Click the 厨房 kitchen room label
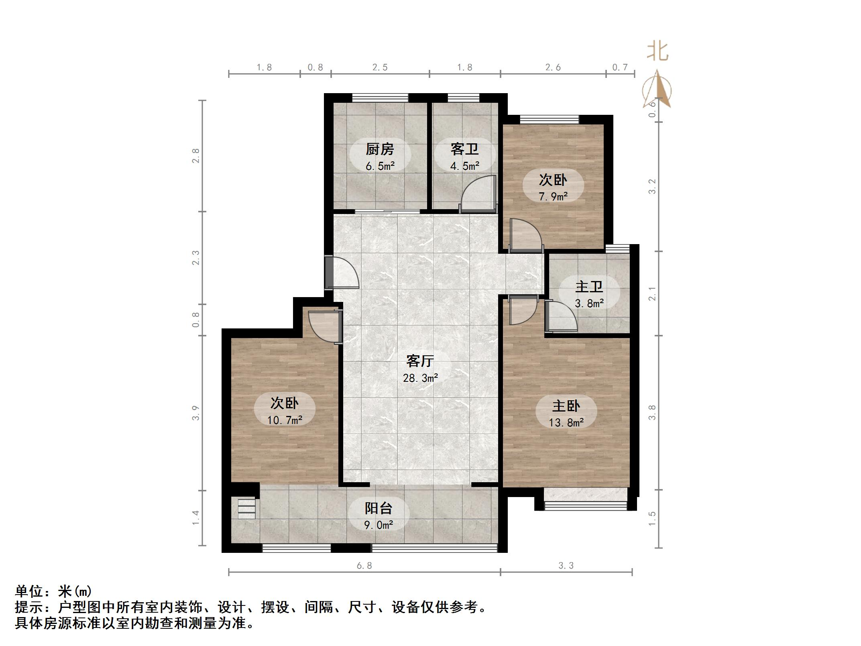[380, 149]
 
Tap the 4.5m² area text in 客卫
[465, 166]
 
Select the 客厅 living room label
[420, 361]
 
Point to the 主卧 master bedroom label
[566, 406]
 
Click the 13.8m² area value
[566, 423]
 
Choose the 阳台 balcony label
[379, 508]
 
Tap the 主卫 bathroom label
[589, 287]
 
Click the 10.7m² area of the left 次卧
[285, 420]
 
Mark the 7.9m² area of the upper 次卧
[553, 197]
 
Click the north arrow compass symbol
[657, 90]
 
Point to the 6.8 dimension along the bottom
[364, 566]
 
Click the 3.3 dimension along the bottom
[566, 566]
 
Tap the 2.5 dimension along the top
[380, 67]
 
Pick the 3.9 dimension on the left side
[195, 413]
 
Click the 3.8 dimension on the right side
[652, 413]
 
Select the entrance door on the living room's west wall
[341, 273]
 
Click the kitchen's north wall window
[380, 98]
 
